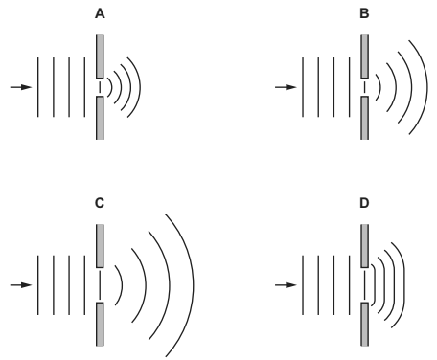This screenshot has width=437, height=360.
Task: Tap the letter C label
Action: pyautogui.click(x=99, y=203)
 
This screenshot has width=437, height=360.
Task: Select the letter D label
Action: pyautogui.click(x=363, y=204)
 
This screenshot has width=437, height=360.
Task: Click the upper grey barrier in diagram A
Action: pyautogui.click(x=99, y=56)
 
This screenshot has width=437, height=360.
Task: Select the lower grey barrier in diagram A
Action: pyautogui.click(x=99, y=117)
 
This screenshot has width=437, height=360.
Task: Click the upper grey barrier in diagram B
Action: pyautogui.click(x=363, y=56)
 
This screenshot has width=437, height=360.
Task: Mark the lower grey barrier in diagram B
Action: pyautogui.click(x=363, y=117)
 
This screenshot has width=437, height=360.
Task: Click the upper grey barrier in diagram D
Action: pyautogui.click(x=363, y=245)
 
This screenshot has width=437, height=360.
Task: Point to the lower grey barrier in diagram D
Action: pyautogui.click(x=363, y=324)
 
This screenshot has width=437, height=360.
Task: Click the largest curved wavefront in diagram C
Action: pyautogui.click(x=194, y=284)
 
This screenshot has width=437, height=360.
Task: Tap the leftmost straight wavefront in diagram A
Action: pyautogui.click(x=37, y=88)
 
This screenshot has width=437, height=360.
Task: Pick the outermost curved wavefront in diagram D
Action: pyautogui.click(x=409, y=284)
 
